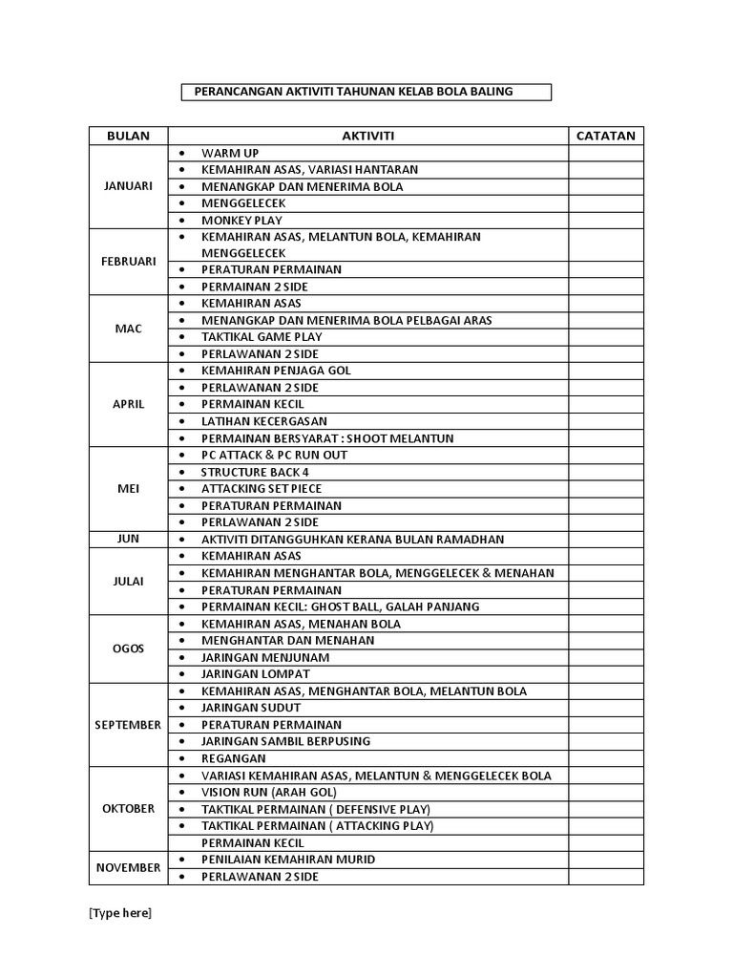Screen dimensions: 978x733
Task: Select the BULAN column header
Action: click(x=128, y=136)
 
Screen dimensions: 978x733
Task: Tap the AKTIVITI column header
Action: click(x=368, y=136)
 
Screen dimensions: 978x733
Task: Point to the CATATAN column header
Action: click(x=606, y=136)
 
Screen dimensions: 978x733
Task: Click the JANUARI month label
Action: click(x=128, y=186)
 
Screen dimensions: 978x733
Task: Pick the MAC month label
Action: click(x=128, y=329)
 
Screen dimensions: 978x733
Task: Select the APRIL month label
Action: click(x=128, y=404)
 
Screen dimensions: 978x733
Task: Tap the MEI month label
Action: click(x=128, y=488)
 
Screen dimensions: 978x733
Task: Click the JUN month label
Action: click(x=128, y=539)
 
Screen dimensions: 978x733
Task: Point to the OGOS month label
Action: click(x=128, y=648)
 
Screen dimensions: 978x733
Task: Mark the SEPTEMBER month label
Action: click(x=128, y=725)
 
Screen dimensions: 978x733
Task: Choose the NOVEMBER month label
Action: click(x=128, y=867)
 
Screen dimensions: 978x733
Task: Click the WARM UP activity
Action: click(x=230, y=153)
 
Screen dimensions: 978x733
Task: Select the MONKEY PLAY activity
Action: click(x=241, y=220)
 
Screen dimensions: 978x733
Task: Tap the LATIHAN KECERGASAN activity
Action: click(x=264, y=421)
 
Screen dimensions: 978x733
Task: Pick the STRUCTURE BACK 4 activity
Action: click(x=255, y=472)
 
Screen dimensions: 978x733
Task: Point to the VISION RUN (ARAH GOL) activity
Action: click(x=268, y=792)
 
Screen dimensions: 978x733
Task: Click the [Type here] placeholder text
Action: click(x=120, y=913)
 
